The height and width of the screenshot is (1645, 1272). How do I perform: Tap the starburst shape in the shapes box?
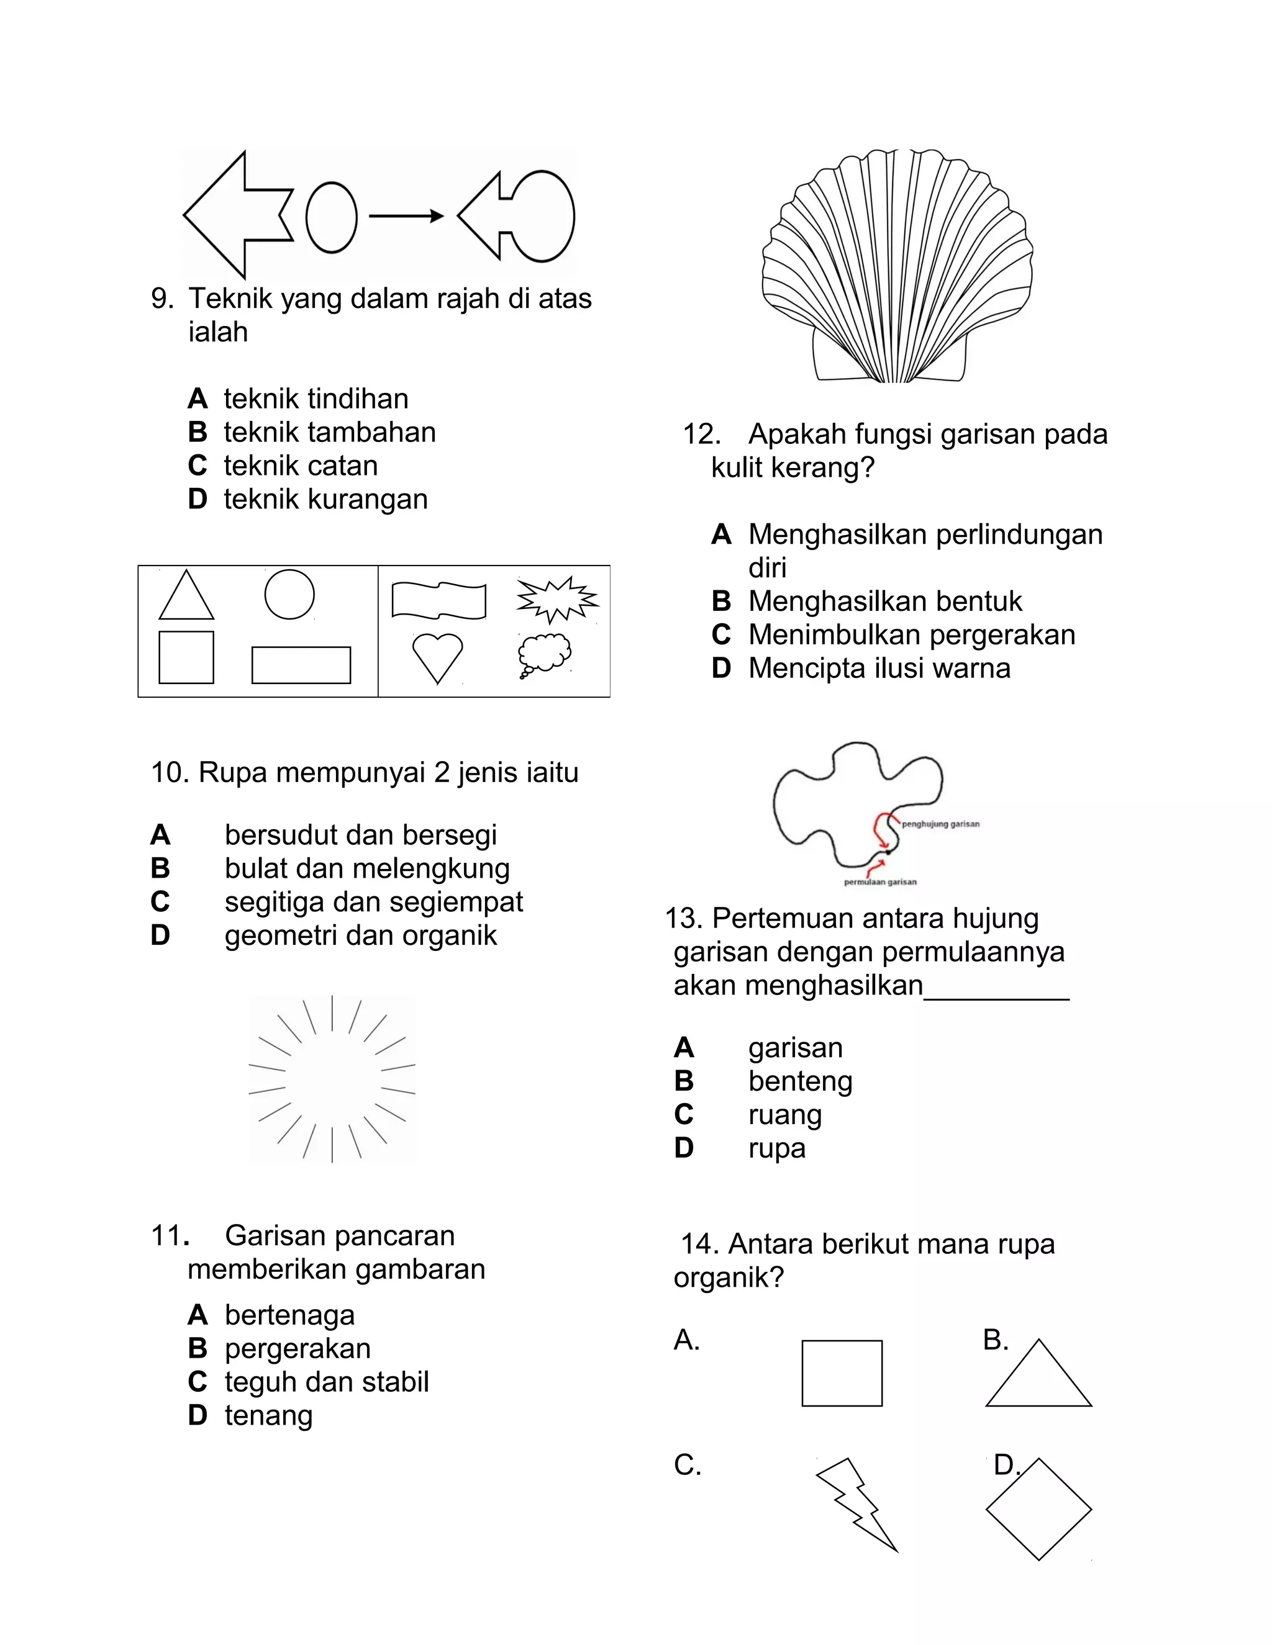click(557, 600)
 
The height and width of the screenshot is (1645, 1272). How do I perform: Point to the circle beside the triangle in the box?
click(289, 594)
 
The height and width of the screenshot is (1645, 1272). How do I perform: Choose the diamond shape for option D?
click(1038, 1508)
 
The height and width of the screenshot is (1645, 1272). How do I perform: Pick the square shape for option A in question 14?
click(842, 1373)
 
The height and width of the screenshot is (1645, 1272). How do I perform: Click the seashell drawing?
click(897, 268)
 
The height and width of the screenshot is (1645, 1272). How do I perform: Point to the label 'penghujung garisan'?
click(940, 824)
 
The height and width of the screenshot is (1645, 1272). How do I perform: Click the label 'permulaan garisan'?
click(880, 882)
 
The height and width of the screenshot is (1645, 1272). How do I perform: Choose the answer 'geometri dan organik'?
click(360, 935)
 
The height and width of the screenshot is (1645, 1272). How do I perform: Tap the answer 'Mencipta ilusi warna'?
click(879, 669)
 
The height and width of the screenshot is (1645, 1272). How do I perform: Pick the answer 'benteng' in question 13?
click(800, 1081)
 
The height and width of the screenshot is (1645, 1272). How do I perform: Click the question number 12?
click(701, 435)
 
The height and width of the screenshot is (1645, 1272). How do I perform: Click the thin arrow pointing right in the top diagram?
click(406, 217)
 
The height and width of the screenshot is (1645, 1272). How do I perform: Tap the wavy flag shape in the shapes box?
click(438, 600)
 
